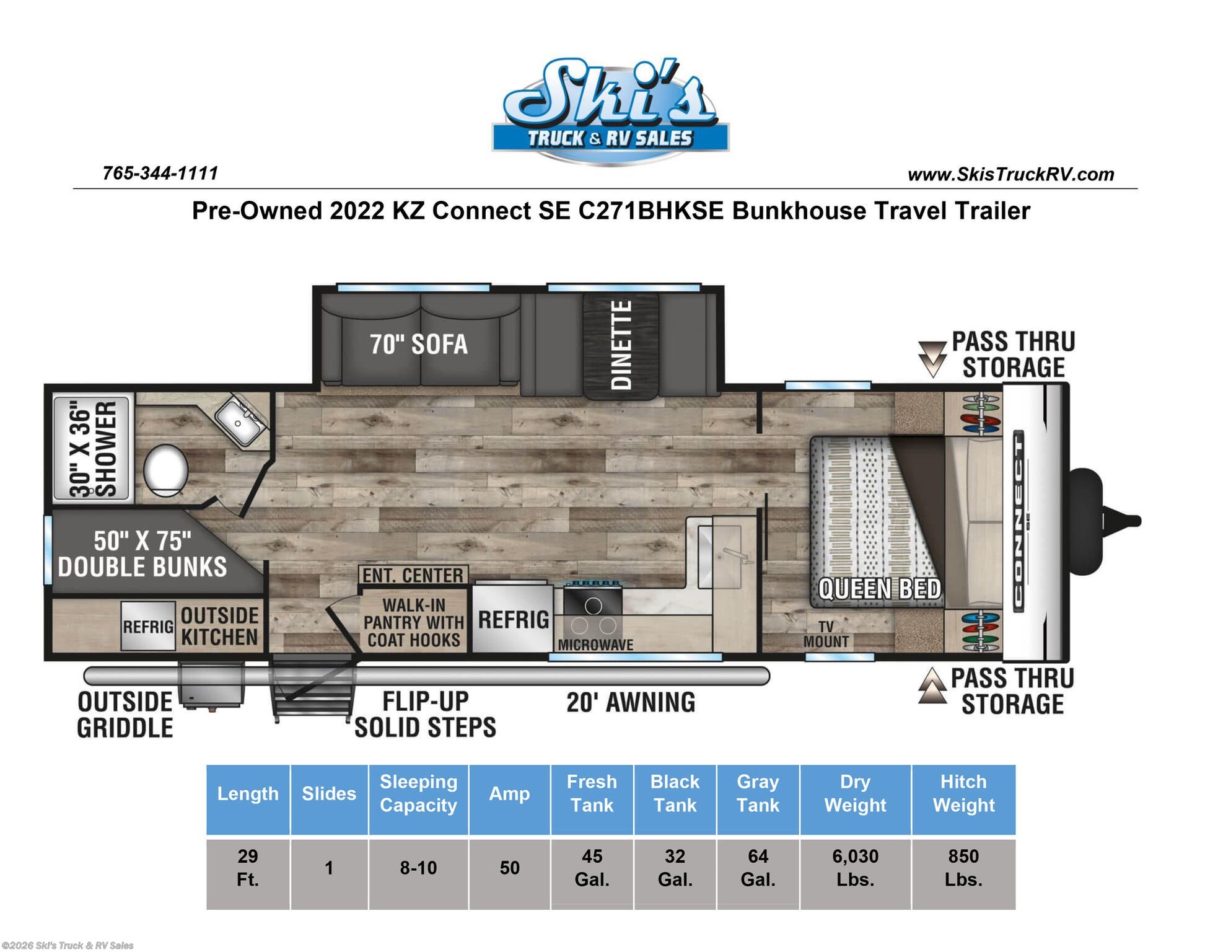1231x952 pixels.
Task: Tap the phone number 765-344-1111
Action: tap(160, 173)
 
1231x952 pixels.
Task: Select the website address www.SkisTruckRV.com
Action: tap(1010, 174)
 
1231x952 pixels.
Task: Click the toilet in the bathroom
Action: tap(166, 470)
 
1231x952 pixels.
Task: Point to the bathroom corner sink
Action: tap(240, 420)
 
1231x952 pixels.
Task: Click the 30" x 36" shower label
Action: tap(92, 448)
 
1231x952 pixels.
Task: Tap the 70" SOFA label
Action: tap(419, 344)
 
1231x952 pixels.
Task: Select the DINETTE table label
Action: tap(621, 345)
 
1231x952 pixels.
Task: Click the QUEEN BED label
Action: tap(879, 589)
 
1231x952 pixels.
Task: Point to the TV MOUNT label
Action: tap(826, 634)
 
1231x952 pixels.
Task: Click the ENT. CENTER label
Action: tap(413, 575)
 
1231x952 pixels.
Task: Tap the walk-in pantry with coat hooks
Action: tap(413, 622)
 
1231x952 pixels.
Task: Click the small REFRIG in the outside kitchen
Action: tap(148, 626)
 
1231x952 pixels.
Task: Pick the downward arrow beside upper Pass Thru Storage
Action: tap(932, 359)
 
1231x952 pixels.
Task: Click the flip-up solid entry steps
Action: tap(313, 688)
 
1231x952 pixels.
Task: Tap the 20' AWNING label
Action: tap(631, 702)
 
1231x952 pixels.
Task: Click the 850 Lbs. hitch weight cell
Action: tap(963, 868)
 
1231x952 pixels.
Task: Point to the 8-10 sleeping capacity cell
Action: tap(418, 868)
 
